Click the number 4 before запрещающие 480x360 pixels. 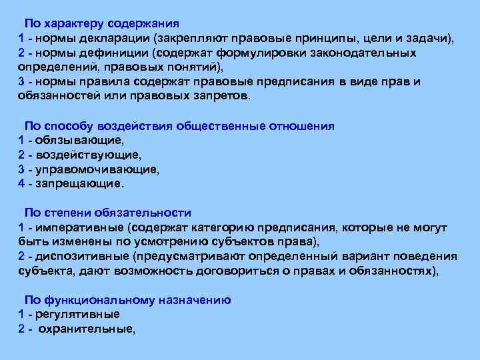(x=21, y=183)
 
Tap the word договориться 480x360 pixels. (x=265, y=271)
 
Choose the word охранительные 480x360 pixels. (x=86, y=329)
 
